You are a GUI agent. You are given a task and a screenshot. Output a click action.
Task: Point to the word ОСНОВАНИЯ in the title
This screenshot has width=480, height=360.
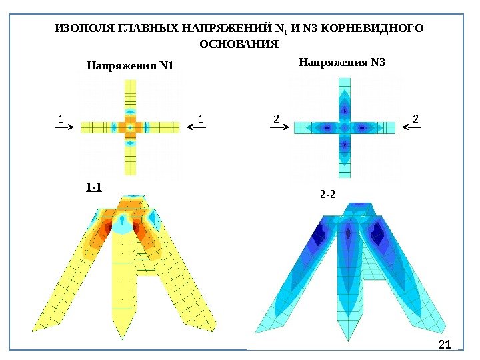239,45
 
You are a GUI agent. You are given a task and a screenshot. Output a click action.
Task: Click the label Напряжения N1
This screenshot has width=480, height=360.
130,66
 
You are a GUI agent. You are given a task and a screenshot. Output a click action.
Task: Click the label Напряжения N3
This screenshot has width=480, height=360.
342,63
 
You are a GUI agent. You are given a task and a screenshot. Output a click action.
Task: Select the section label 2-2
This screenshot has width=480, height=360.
328,195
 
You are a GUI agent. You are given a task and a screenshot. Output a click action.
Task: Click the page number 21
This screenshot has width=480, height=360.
445,344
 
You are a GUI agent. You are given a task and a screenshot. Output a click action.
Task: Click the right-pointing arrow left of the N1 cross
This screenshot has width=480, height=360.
67,131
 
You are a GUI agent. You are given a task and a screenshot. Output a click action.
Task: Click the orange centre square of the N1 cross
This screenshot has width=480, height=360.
130,127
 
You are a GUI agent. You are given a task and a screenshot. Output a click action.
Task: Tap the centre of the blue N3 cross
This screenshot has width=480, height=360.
345,127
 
